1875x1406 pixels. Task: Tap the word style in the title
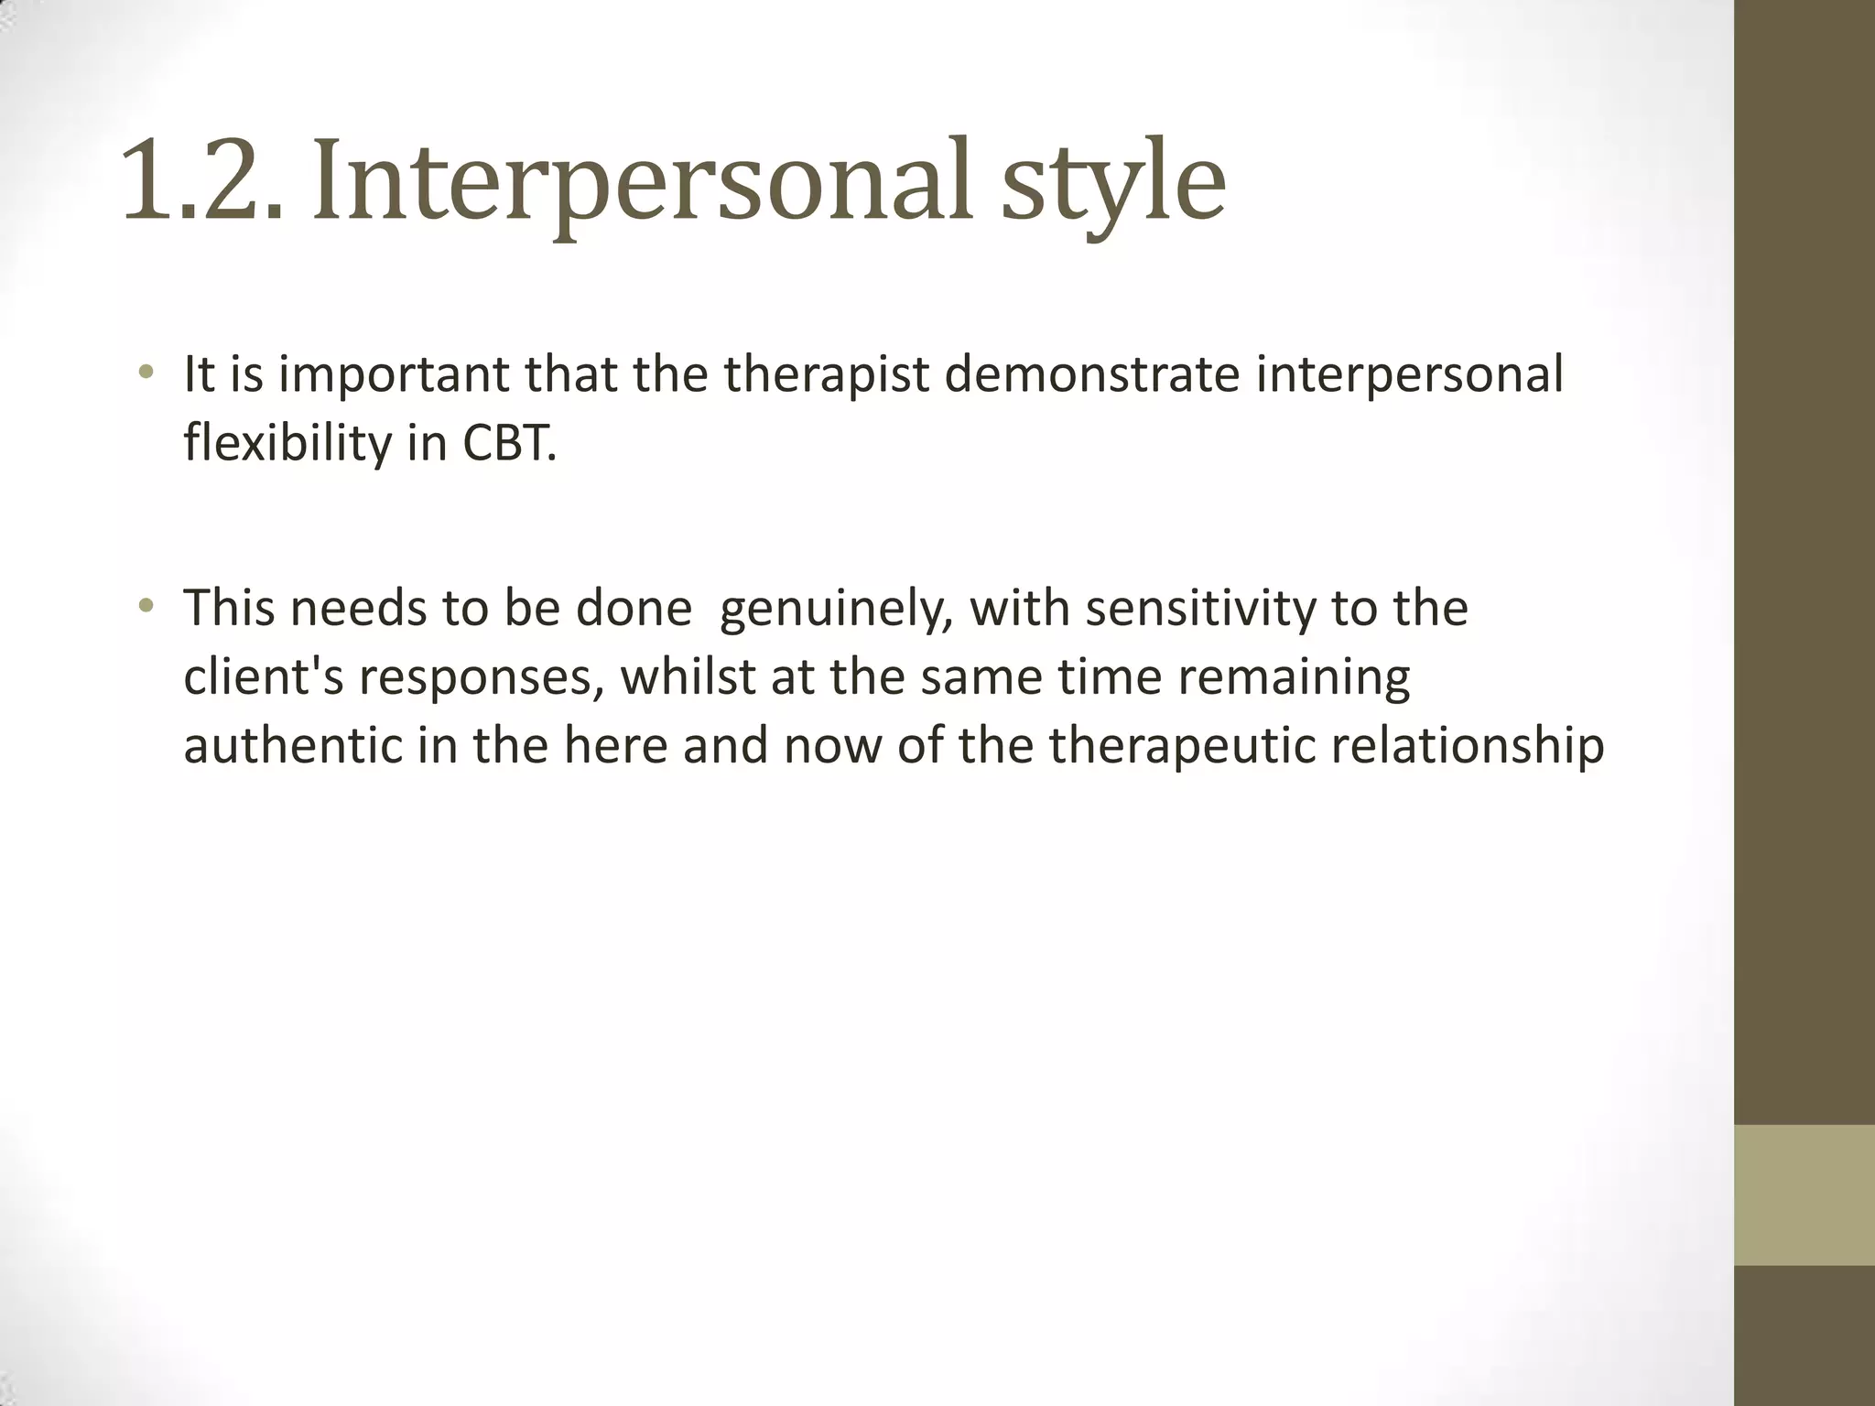pos(1111,188)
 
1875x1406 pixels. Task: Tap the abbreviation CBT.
pos(509,444)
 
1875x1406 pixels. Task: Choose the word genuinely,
pos(832,610)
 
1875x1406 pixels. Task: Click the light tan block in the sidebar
pos(1804,1195)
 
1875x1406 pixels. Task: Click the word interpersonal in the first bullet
pos(1409,375)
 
